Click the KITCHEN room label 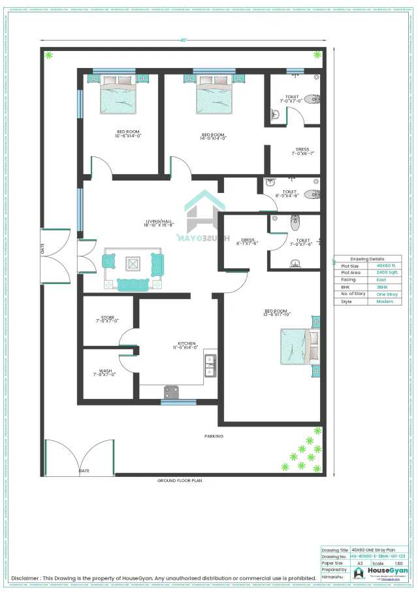click(187, 345)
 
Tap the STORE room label click(107, 319)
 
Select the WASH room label click(105, 372)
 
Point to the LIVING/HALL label click(159, 222)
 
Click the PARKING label click(214, 436)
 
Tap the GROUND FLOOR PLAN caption click(180, 480)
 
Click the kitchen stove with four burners click(171, 392)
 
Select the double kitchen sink click(210, 366)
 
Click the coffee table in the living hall click(133, 263)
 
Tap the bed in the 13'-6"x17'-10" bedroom click(298, 346)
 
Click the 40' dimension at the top click(185, 40)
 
